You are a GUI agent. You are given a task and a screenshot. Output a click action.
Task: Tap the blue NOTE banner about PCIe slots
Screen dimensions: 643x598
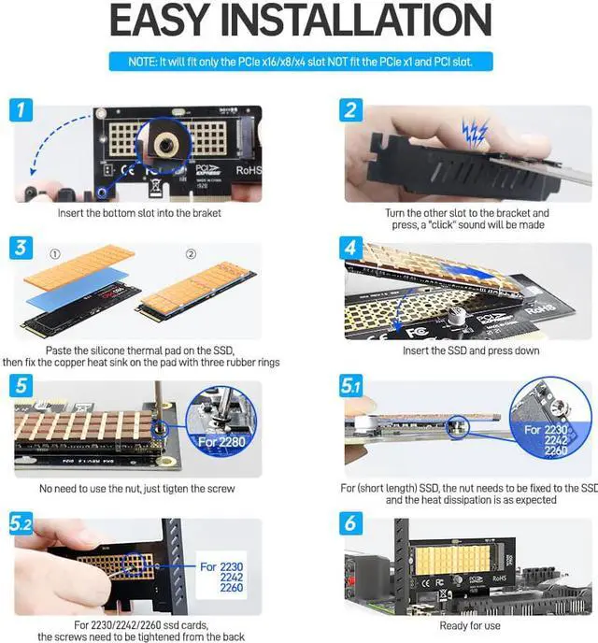(299, 62)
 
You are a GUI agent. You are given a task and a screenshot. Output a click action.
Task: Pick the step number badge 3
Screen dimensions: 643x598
(23, 249)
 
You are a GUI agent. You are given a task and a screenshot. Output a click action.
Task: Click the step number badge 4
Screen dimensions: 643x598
(351, 249)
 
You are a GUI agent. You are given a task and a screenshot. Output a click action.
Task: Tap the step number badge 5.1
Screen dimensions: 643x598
(352, 386)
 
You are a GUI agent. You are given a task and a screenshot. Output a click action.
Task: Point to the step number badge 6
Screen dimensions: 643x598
(351, 523)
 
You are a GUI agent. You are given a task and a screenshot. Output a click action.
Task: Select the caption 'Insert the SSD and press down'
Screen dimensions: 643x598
(470, 350)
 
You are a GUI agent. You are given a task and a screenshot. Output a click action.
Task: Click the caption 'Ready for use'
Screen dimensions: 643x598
(470, 625)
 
